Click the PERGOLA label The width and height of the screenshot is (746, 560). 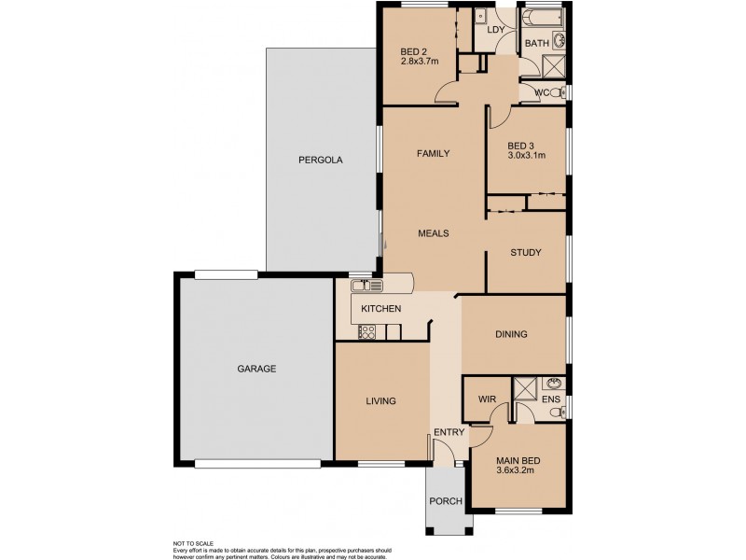coord(321,160)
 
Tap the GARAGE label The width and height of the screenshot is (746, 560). coord(256,369)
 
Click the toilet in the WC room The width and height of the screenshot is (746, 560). coord(557,92)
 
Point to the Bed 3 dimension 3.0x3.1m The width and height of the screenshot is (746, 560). coord(526,156)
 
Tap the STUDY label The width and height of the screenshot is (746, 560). coord(525,252)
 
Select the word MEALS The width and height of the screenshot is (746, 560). coord(434,233)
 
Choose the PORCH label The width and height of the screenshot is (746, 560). coord(446,501)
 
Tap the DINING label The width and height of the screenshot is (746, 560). coord(511,334)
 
